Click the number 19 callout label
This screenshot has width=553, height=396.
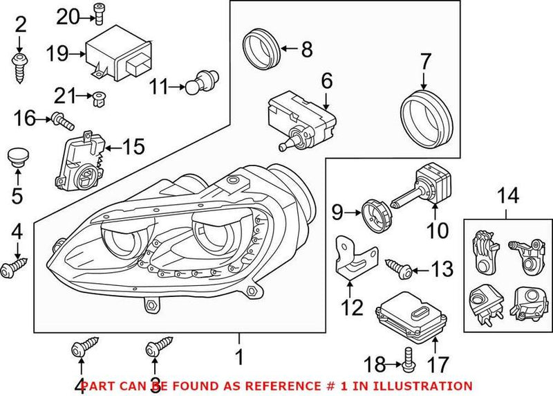pyautogui.click(x=58, y=53)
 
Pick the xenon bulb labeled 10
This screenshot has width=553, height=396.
pyautogui.click(x=420, y=188)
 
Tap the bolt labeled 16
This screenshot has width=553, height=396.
pyautogui.click(x=62, y=123)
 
